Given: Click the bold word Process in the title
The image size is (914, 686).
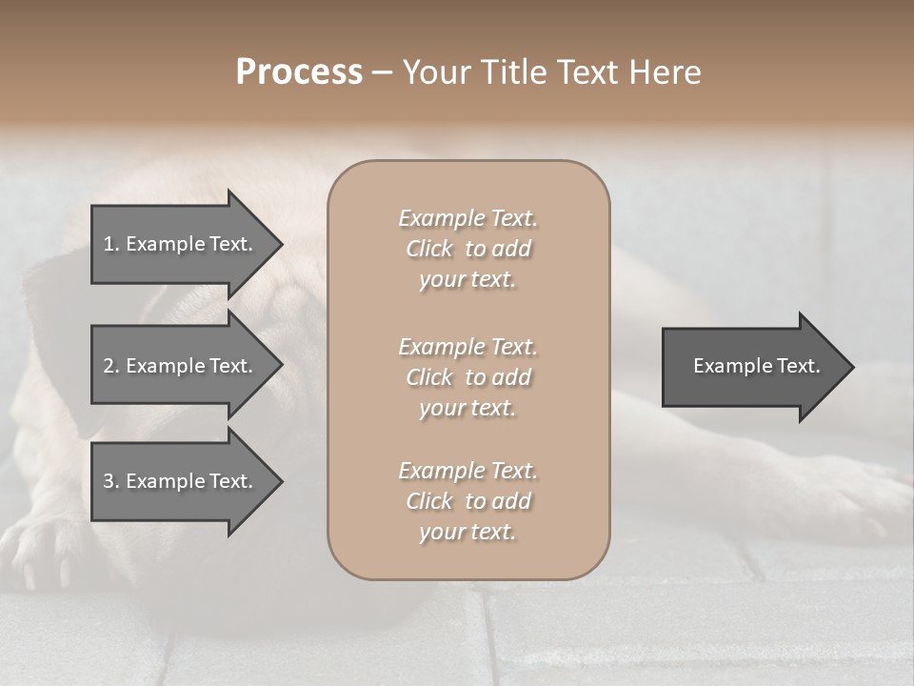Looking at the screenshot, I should point(299,72).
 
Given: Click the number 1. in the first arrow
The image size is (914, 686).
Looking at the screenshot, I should point(111,244).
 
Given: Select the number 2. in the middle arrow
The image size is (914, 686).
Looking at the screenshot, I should point(111,366).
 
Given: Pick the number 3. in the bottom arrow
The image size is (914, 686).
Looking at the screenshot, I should point(111,481).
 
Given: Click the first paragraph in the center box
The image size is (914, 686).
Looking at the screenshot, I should point(467,249).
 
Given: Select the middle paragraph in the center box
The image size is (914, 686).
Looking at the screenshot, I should point(467,377).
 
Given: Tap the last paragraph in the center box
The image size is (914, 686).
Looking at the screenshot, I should point(467,501).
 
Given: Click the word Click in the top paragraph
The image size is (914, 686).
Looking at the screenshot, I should point(429,249).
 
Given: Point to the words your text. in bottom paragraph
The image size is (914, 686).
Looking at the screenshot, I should point(467,532).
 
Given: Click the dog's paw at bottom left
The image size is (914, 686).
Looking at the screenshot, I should point(38,553).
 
